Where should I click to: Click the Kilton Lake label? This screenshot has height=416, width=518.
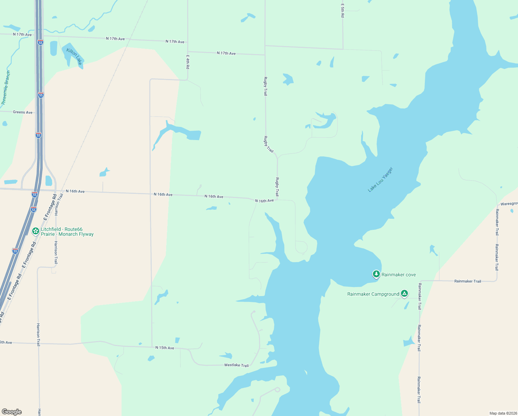click(74, 57)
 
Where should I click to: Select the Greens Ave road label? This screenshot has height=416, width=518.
click(23, 112)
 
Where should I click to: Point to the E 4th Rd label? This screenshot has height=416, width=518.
click(188, 62)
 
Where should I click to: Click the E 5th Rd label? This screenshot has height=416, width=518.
click(342, 11)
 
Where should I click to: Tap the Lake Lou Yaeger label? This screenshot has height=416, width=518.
click(381, 180)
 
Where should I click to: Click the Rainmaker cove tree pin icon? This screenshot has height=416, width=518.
click(376, 274)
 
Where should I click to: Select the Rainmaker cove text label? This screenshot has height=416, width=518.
click(399, 275)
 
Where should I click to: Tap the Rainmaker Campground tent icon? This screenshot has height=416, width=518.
click(404, 294)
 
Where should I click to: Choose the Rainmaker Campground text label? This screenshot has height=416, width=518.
click(373, 294)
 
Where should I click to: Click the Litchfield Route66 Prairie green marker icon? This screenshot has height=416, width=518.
click(35, 231)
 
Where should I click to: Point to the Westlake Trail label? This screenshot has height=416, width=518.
click(236, 365)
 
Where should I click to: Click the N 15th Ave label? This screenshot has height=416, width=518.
click(164, 348)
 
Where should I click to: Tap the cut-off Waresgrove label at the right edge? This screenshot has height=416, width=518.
click(509, 204)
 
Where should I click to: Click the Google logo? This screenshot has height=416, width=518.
click(12, 412)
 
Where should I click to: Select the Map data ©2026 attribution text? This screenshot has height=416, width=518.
click(503, 413)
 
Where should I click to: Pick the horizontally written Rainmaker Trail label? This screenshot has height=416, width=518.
click(467, 281)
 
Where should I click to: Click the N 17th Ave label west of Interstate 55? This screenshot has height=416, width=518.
click(22, 35)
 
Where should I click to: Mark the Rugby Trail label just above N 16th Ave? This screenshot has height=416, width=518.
click(277, 187)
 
